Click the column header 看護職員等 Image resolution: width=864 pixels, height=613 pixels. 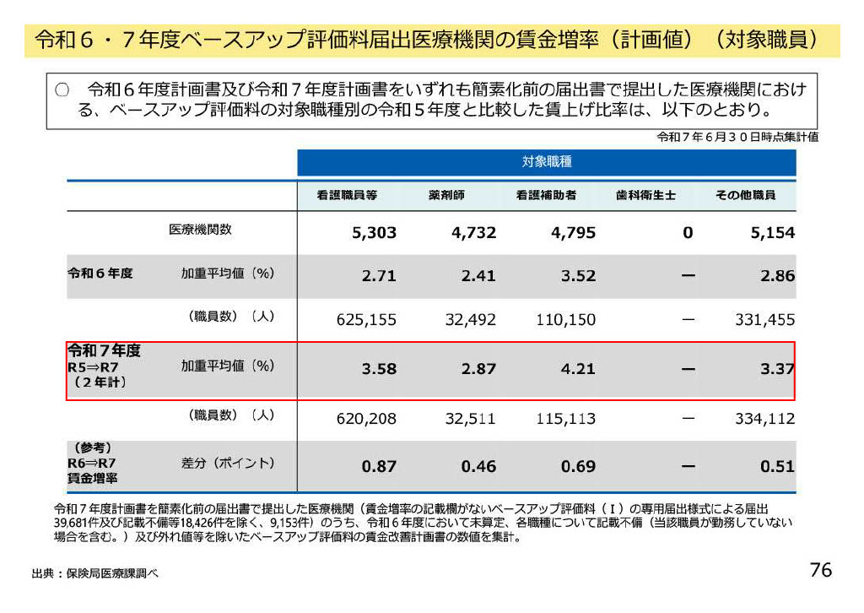point(347,195)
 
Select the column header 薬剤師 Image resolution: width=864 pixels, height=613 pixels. point(446,195)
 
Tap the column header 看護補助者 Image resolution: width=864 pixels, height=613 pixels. point(546,195)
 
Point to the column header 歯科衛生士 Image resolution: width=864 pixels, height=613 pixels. point(645,195)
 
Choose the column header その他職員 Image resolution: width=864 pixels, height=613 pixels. point(745,195)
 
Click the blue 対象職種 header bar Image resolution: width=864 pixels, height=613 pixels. point(546,162)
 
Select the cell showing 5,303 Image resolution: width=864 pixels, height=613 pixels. point(374,232)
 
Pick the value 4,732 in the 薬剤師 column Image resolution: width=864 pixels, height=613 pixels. point(473,232)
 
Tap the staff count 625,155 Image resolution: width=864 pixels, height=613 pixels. point(366,320)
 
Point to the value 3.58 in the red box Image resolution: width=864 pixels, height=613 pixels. point(379,369)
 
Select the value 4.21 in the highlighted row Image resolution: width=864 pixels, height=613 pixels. point(577,369)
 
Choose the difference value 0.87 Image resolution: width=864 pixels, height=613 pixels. point(379,466)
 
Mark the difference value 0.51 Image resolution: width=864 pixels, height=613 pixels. point(776,466)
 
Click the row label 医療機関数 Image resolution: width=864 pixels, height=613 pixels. point(201,230)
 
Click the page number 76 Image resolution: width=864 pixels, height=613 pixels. point(820,570)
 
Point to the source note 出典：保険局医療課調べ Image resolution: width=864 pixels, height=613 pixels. point(94,573)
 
